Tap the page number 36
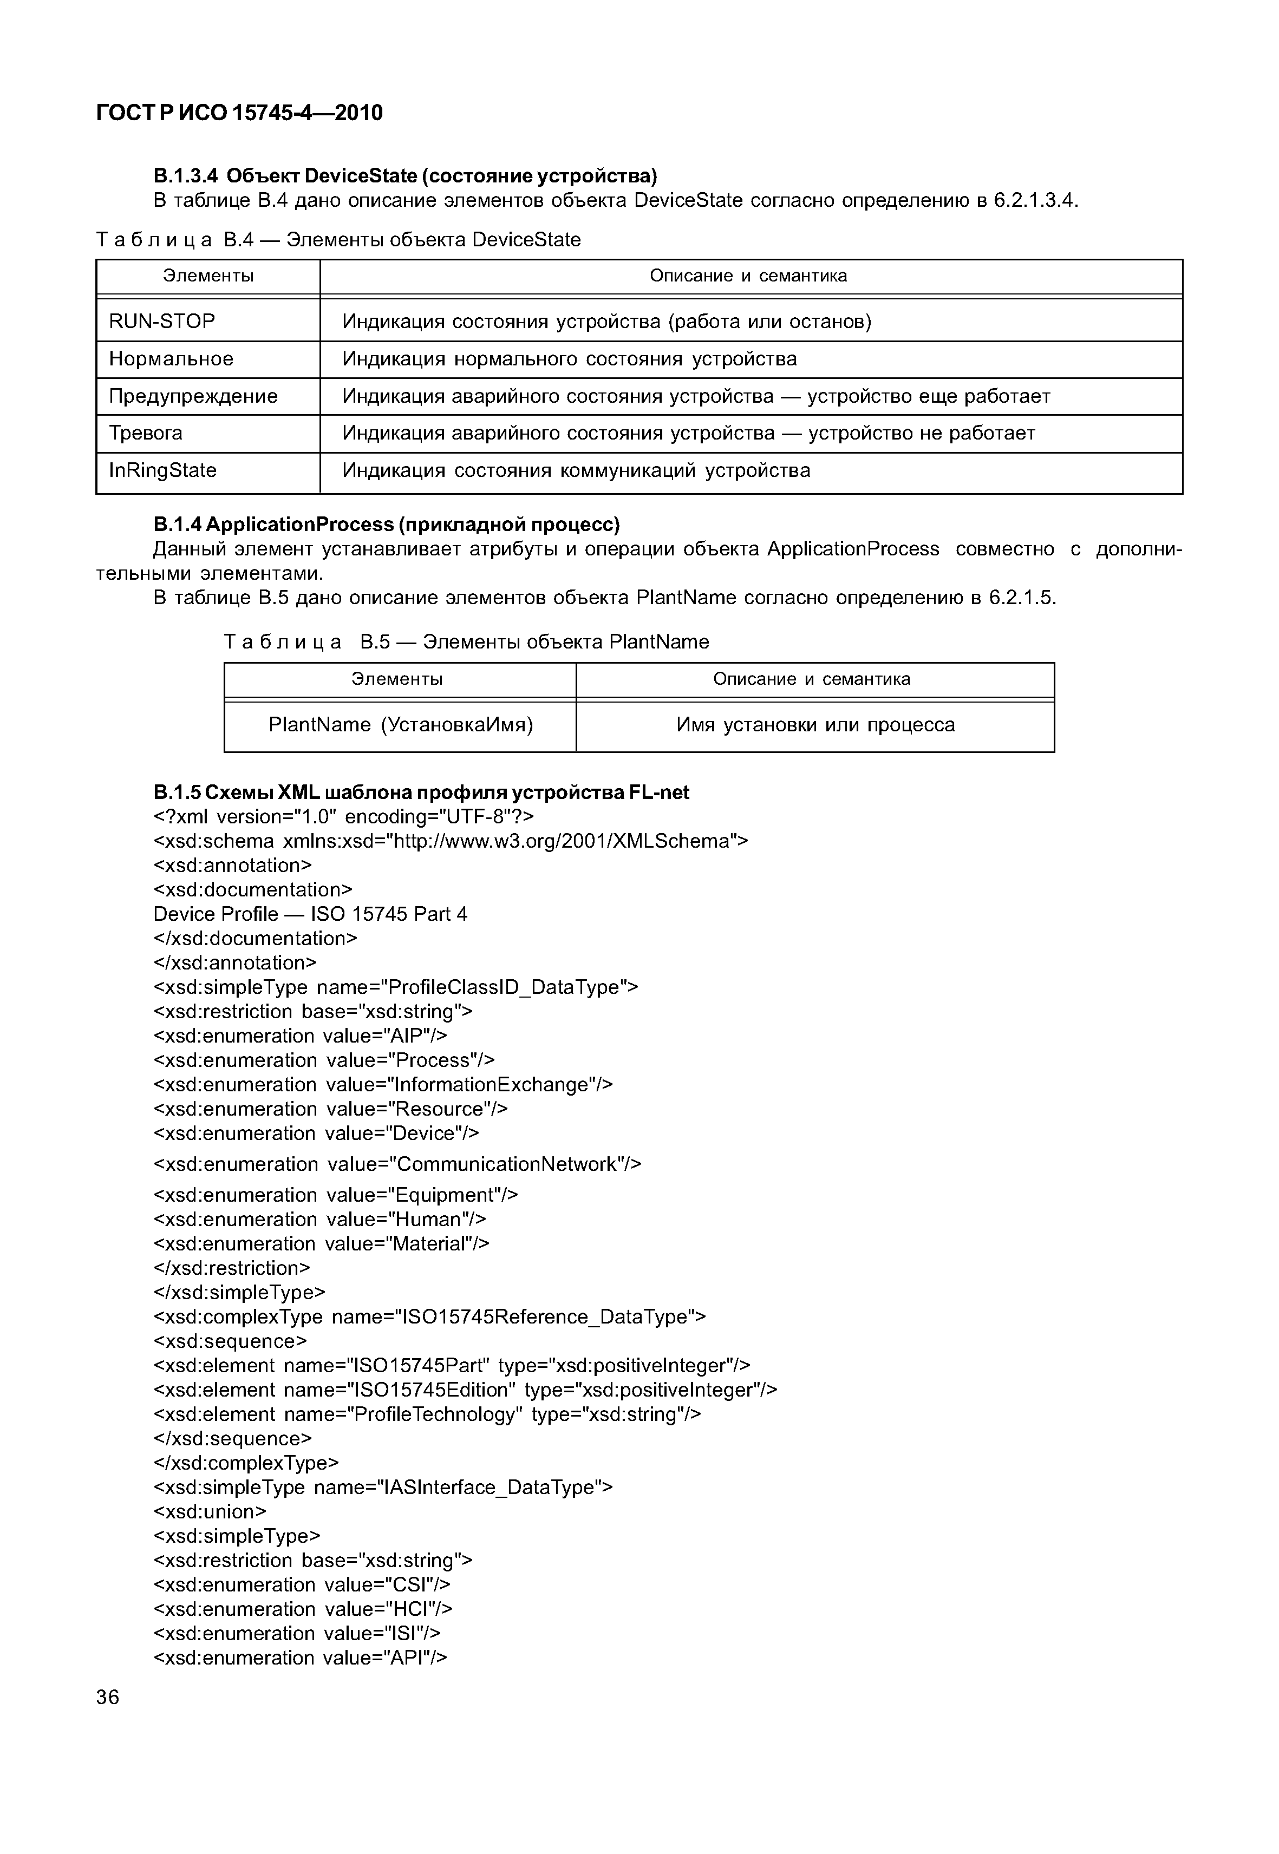(107, 1697)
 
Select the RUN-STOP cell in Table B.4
(162, 322)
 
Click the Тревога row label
(146, 434)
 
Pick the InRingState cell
(162, 470)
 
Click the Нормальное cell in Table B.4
(172, 359)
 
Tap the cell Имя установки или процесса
(815, 725)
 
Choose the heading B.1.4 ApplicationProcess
(386, 525)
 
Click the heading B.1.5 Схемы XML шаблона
(421, 792)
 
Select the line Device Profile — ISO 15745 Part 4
(310, 914)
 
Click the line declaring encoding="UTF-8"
(343, 816)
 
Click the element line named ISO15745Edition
(465, 1390)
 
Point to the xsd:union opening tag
(209, 1511)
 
